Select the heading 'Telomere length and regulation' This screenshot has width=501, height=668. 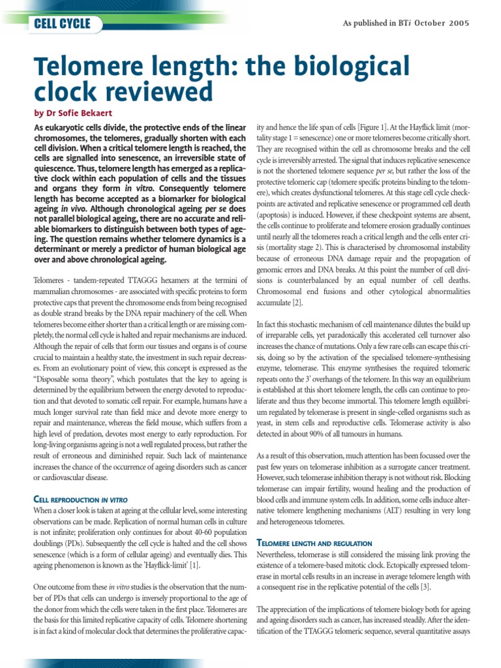314,543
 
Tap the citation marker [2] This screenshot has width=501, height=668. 297,303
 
